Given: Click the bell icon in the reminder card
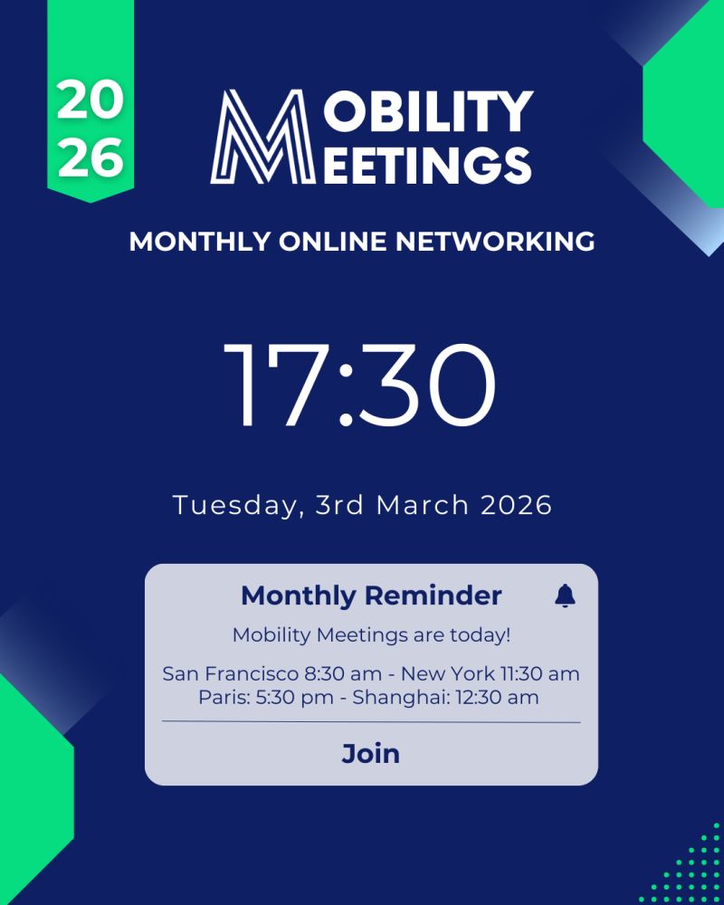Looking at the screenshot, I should [x=565, y=595].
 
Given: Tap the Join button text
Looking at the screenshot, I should [x=371, y=754].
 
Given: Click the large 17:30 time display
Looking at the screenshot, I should [x=361, y=385].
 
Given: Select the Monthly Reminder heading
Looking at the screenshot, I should [x=371, y=595].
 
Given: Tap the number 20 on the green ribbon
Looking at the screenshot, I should [x=90, y=101].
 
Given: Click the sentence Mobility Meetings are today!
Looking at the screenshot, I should [x=371, y=635].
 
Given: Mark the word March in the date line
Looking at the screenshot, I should [x=417, y=505].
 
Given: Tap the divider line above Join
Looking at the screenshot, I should [x=371, y=722].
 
